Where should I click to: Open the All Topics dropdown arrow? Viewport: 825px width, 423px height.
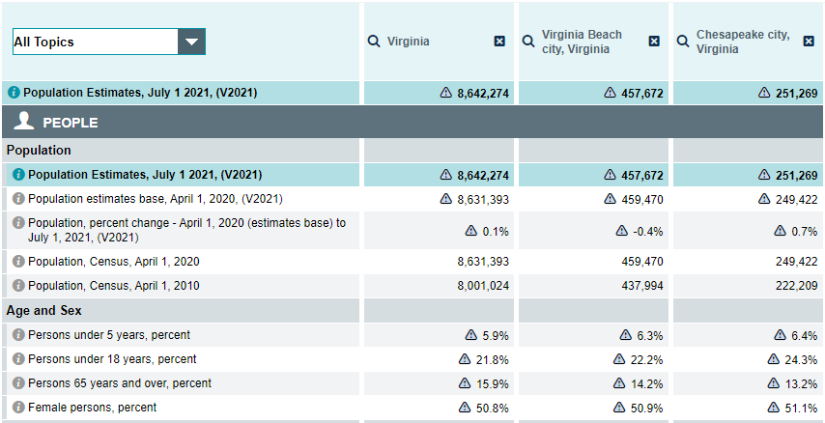pyautogui.click(x=191, y=42)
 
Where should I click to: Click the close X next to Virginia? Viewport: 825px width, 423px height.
pyautogui.click(x=499, y=42)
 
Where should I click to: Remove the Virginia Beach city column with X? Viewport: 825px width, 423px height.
pyautogui.click(x=654, y=42)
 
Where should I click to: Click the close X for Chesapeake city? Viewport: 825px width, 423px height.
pyautogui.click(x=809, y=42)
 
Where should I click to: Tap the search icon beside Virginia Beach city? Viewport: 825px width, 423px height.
pyautogui.click(x=528, y=42)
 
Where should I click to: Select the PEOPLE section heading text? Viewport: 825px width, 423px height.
pyautogui.click(x=71, y=123)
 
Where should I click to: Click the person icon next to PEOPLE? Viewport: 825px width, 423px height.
pyautogui.click(x=25, y=122)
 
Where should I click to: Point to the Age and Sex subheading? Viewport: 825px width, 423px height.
pyautogui.click(x=43, y=311)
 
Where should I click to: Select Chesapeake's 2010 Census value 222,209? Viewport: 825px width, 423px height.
pyautogui.click(x=793, y=286)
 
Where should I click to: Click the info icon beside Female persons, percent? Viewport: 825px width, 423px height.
pyautogui.click(x=18, y=408)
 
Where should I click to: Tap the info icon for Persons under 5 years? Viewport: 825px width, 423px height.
pyautogui.click(x=18, y=335)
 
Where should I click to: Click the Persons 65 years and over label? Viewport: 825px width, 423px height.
pyautogui.click(x=120, y=383)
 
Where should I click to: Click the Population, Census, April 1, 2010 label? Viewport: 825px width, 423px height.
pyautogui.click(x=114, y=286)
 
